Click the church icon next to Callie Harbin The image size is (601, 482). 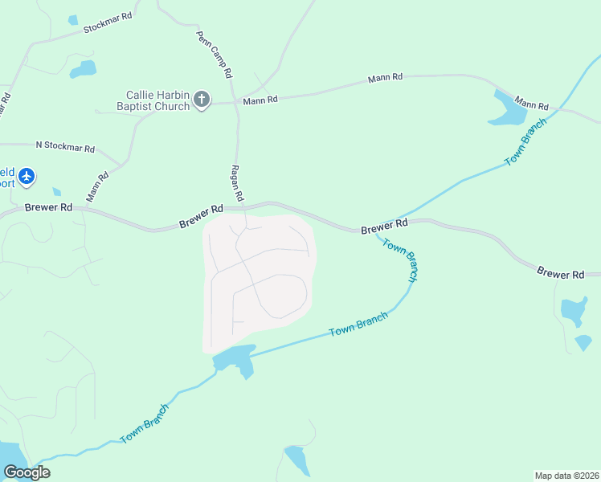[202, 100]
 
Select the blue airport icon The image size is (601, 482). [27, 176]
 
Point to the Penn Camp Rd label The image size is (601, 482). [215, 55]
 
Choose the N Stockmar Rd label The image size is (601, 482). [65, 148]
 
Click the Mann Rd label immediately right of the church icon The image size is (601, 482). [260, 100]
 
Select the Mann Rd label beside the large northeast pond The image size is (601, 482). [531, 104]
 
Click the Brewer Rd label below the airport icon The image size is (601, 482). [48, 207]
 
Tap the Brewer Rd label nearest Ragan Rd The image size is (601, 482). [201, 217]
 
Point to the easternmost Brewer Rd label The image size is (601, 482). [561, 274]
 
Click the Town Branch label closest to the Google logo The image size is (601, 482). [145, 423]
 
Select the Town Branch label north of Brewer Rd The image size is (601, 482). [525, 141]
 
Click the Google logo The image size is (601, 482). [27, 472]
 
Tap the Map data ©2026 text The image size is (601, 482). [566, 476]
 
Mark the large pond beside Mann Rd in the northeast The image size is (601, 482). [507, 110]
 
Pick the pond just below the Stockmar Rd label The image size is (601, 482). [83, 70]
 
